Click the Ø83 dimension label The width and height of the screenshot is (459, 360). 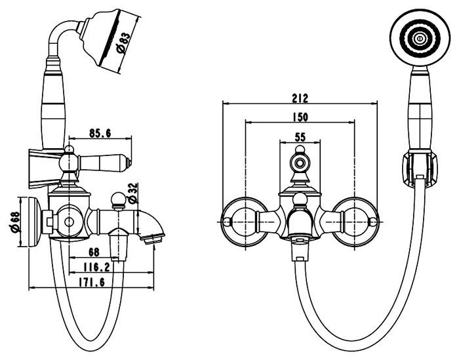point(123,43)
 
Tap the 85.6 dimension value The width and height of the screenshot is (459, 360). point(100,134)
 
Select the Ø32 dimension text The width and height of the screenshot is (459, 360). point(133,193)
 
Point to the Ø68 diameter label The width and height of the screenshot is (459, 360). point(15,222)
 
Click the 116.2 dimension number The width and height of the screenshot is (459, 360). point(96,268)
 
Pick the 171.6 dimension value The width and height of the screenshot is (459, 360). point(91,283)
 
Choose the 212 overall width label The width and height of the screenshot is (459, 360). point(300,98)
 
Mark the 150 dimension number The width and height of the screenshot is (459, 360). point(300,117)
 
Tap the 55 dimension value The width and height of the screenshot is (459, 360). point(300,136)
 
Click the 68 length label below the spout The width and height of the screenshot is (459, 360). point(94,252)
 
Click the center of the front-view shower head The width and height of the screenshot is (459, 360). point(420,38)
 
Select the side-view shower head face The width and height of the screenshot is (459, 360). point(110,39)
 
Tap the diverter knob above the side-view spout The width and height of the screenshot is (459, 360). point(119,200)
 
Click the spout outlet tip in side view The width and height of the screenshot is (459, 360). point(153,239)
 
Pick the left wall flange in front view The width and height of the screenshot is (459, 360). point(245,222)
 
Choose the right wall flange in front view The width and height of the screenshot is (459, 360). point(355,222)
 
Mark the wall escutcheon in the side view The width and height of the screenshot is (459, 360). point(35,222)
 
